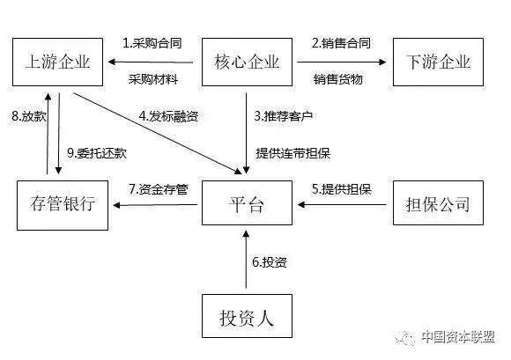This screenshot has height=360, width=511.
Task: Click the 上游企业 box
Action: [x=57, y=62]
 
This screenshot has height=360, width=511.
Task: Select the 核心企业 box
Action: [x=247, y=62]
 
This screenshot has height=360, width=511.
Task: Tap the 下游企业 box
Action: [x=438, y=62]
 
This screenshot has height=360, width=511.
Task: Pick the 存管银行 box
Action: [x=63, y=205]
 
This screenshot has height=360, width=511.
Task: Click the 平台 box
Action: [x=247, y=202]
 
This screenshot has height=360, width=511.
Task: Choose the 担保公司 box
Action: [x=438, y=202]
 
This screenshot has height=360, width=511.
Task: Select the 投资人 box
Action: [x=247, y=316]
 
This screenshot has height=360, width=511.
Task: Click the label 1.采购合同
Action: [x=152, y=43]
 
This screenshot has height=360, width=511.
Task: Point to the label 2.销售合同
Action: [x=341, y=43]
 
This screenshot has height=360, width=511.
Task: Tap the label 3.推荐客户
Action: [x=284, y=116]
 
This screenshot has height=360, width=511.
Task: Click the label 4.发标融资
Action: [x=168, y=116]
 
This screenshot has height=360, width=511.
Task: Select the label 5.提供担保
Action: [x=342, y=189]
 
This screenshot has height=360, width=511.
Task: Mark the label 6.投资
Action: [x=270, y=262]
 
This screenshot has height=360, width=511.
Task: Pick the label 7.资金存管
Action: [x=159, y=189]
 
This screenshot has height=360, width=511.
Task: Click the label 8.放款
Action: [x=29, y=116]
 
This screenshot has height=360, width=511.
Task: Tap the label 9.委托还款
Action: [x=97, y=153]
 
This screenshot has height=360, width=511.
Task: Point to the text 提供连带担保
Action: [x=293, y=153]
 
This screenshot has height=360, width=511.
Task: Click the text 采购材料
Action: [x=153, y=79]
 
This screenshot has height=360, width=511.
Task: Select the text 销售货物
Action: [x=338, y=79]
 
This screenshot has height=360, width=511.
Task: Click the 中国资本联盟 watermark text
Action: [x=458, y=336]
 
